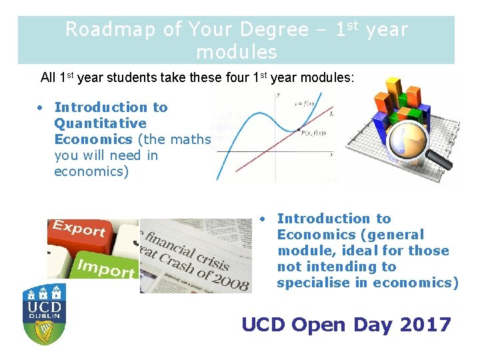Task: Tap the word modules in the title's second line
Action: click(237, 51)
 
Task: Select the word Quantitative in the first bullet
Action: click(100, 123)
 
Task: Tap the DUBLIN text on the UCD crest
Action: click(45, 318)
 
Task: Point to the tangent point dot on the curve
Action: click(299, 128)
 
